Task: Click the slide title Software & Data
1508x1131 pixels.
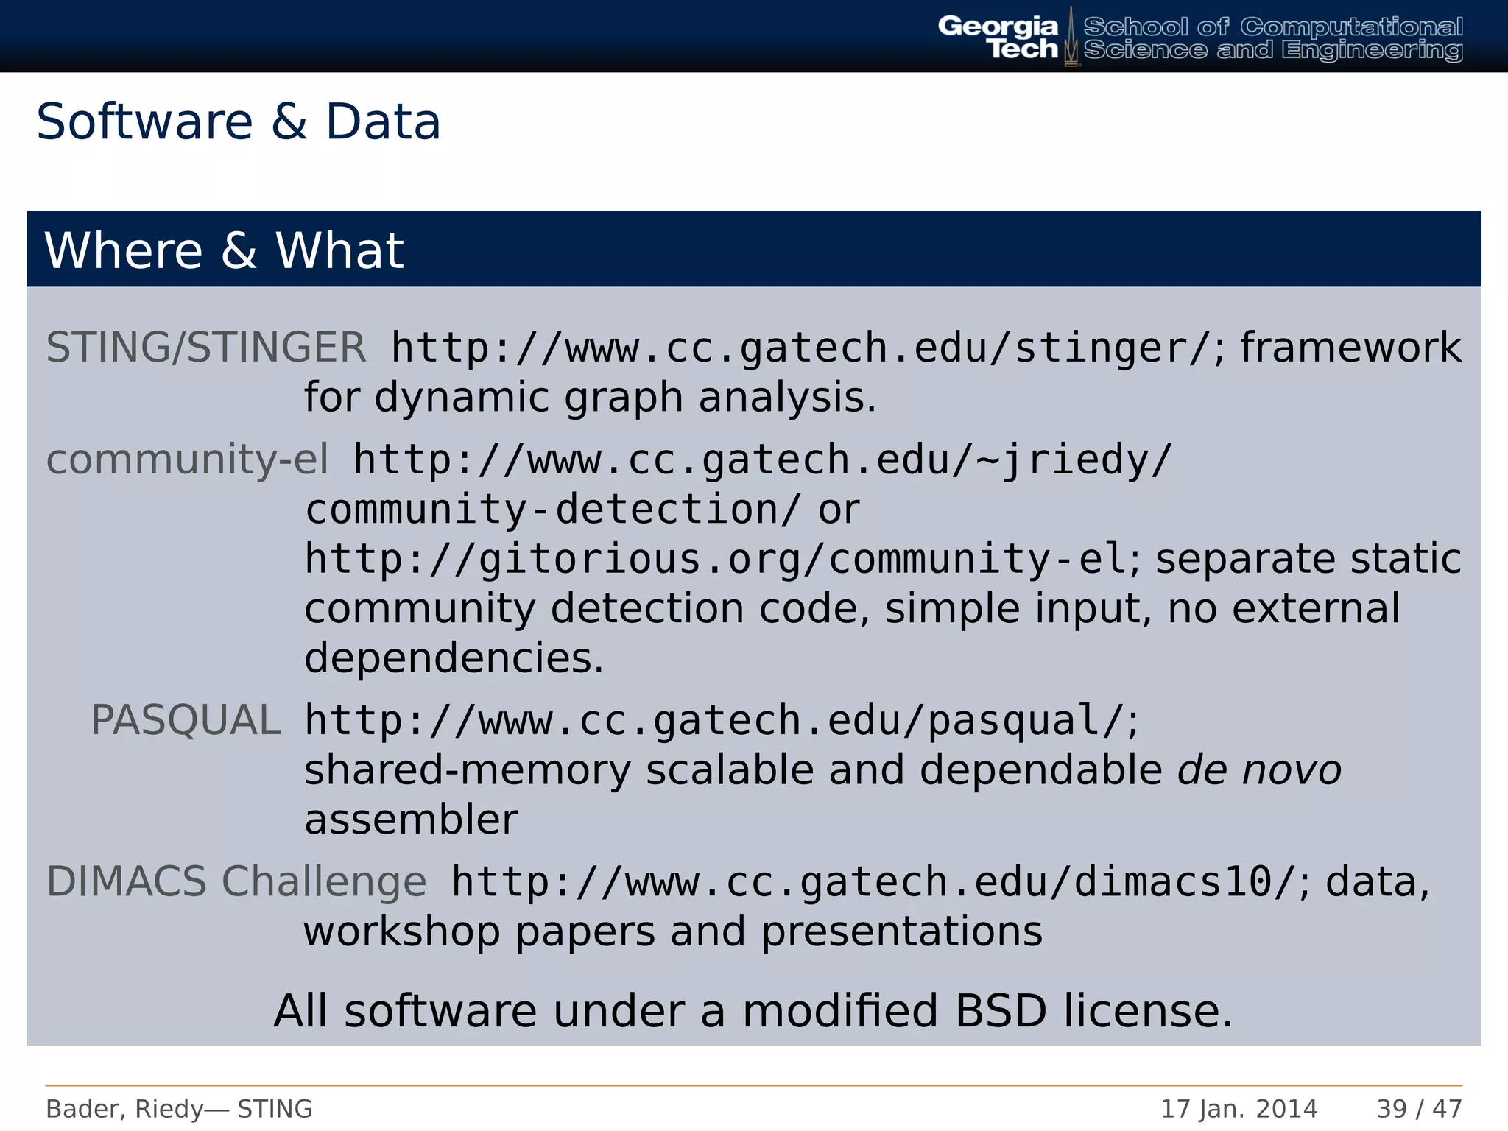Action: (x=238, y=122)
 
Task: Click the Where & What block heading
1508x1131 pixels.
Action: (x=224, y=251)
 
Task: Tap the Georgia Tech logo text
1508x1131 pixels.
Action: (x=998, y=38)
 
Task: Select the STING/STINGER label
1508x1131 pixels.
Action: (x=205, y=348)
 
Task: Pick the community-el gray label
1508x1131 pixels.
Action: (x=187, y=459)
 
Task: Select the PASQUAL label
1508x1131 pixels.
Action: (x=186, y=720)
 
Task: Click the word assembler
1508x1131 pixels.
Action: (x=411, y=820)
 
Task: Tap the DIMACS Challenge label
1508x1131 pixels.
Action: (x=236, y=881)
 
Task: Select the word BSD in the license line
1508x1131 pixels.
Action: (x=1001, y=1011)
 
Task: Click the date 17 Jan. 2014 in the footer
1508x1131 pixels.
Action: (x=1239, y=1109)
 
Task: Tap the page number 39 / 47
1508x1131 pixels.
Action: (x=1419, y=1109)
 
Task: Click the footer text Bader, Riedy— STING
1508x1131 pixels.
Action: (x=179, y=1109)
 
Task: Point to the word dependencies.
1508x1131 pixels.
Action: (x=454, y=658)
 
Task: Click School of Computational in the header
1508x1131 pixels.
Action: (x=1272, y=27)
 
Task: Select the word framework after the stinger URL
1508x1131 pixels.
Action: (x=1350, y=348)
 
